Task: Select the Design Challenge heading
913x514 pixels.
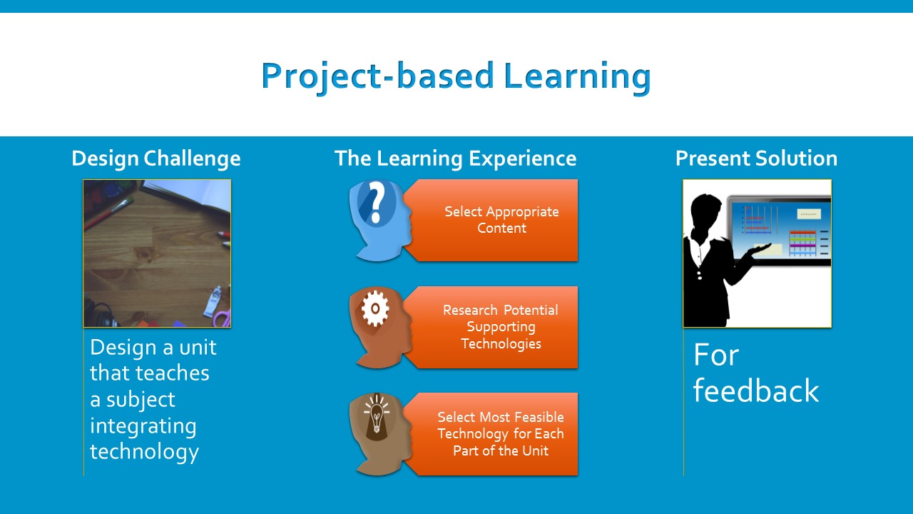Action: tap(156, 158)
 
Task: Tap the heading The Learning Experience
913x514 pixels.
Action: tap(455, 158)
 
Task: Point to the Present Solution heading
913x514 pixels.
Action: tap(757, 158)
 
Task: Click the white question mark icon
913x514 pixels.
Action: tap(377, 203)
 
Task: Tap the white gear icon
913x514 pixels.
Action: tap(375, 308)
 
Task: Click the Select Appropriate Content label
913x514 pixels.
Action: tap(501, 220)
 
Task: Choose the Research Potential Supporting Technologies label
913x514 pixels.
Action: tap(501, 327)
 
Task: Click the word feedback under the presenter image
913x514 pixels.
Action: tap(756, 390)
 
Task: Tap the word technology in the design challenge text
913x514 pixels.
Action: tap(144, 452)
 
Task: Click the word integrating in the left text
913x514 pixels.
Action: tap(143, 426)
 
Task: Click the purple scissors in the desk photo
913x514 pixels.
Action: tap(223, 318)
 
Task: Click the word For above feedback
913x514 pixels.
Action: tap(715, 355)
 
